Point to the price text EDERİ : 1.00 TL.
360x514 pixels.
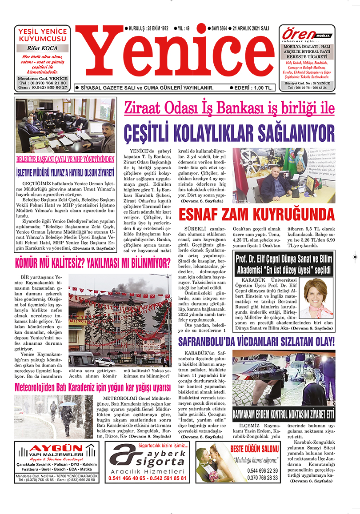(x=251, y=88)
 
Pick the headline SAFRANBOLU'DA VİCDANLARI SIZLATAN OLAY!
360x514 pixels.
(x=256, y=342)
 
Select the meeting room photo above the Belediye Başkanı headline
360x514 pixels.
(x=65, y=126)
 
